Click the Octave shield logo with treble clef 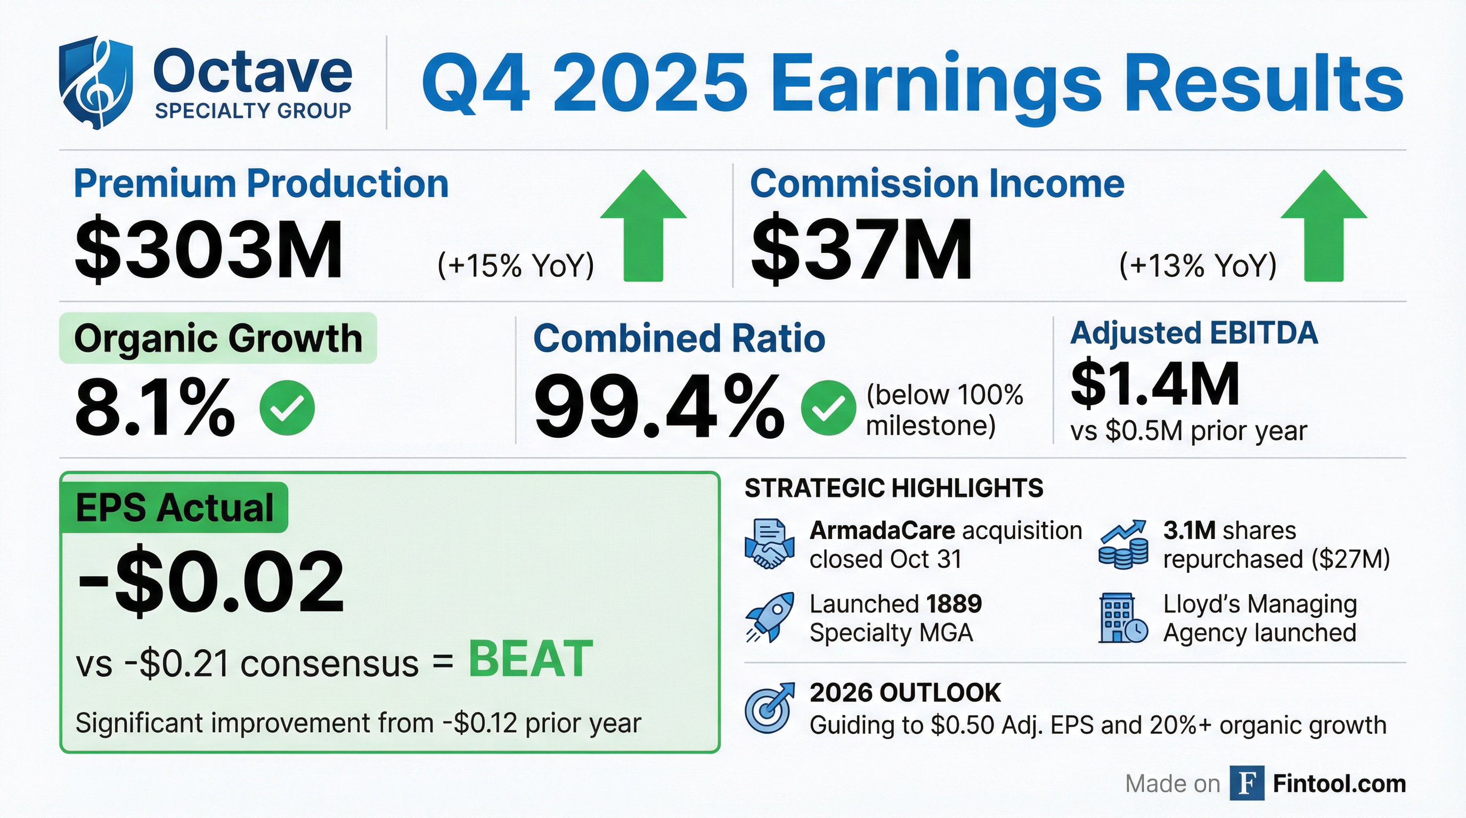tap(95, 83)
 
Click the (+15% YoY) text tap(516, 265)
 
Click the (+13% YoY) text tap(1198, 265)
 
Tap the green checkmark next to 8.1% tap(287, 407)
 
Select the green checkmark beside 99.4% tap(827, 407)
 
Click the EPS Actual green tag tap(174, 508)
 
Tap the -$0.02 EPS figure tap(210, 583)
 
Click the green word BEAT tap(531, 659)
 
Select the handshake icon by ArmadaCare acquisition tap(769, 544)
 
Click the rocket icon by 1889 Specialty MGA tap(769, 618)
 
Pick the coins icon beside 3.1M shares tap(1123, 544)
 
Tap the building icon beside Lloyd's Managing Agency tap(1122, 618)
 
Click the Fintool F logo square tap(1247, 783)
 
